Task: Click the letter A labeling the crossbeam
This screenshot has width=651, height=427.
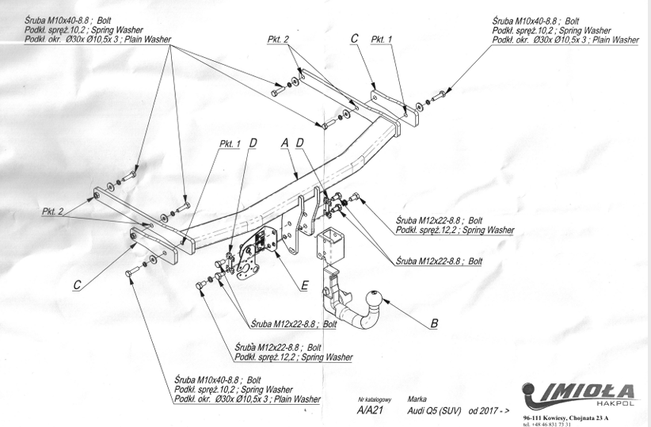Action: point(284,143)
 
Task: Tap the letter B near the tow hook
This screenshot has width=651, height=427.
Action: point(433,322)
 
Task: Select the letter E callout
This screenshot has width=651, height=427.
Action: point(304,285)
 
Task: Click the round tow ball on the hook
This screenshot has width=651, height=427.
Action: point(374,299)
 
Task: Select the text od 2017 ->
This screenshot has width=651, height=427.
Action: point(490,410)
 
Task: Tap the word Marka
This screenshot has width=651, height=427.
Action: point(417,399)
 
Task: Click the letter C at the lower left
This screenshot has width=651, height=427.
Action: point(78,285)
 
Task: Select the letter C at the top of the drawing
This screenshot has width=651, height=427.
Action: point(354,38)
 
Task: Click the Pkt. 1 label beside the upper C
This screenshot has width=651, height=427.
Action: point(382,38)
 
